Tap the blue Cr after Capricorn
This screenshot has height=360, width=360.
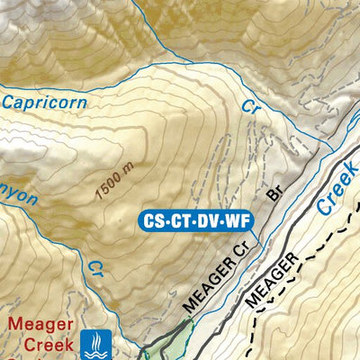pos(250,106)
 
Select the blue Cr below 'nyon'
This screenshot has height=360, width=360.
pos(95,268)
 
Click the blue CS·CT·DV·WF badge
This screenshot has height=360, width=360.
pos(194,219)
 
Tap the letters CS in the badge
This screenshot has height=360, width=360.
pos(155,219)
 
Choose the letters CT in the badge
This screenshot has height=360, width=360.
pos(180,219)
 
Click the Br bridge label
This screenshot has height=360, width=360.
pos(274,193)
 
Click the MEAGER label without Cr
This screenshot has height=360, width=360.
pos(270,283)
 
